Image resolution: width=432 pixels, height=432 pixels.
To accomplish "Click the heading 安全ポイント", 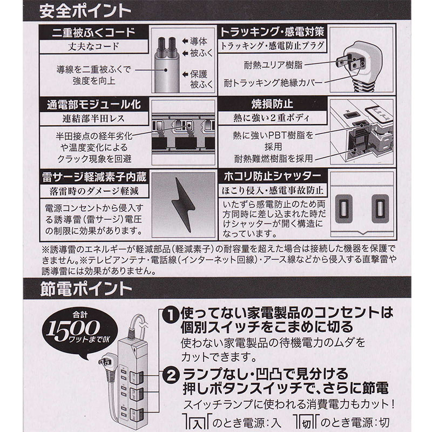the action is click(x=85, y=11).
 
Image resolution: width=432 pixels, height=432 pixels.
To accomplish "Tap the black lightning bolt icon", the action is click(x=183, y=204).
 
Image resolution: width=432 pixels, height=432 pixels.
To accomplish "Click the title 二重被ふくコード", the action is click(x=93, y=32).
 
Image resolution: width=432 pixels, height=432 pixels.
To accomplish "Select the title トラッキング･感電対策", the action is click(x=272, y=32).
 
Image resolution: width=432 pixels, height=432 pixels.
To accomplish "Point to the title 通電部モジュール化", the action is click(x=93, y=105).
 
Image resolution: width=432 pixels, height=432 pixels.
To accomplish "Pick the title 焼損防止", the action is click(x=272, y=104).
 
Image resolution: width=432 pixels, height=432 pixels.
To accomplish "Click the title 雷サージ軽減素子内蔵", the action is click(x=94, y=177).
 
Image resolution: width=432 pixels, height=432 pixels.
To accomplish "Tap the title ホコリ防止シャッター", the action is click(x=272, y=176).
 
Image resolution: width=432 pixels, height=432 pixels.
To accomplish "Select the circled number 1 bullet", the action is click(x=171, y=315).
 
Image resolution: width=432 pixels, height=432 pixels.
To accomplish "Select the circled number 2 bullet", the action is click(x=171, y=375).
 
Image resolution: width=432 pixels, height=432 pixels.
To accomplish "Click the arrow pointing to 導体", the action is click(x=185, y=42).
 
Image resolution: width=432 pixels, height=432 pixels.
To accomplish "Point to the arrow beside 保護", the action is click(x=185, y=75).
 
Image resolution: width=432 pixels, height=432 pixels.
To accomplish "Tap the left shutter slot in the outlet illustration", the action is click(x=343, y=208).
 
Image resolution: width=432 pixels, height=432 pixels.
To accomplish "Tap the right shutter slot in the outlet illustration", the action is click(x=380, y=208).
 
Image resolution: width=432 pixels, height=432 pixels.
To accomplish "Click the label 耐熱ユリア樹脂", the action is click(x=273, y=65).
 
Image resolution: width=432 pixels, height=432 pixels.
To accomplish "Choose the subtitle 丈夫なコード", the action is click(x=93, y=46).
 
